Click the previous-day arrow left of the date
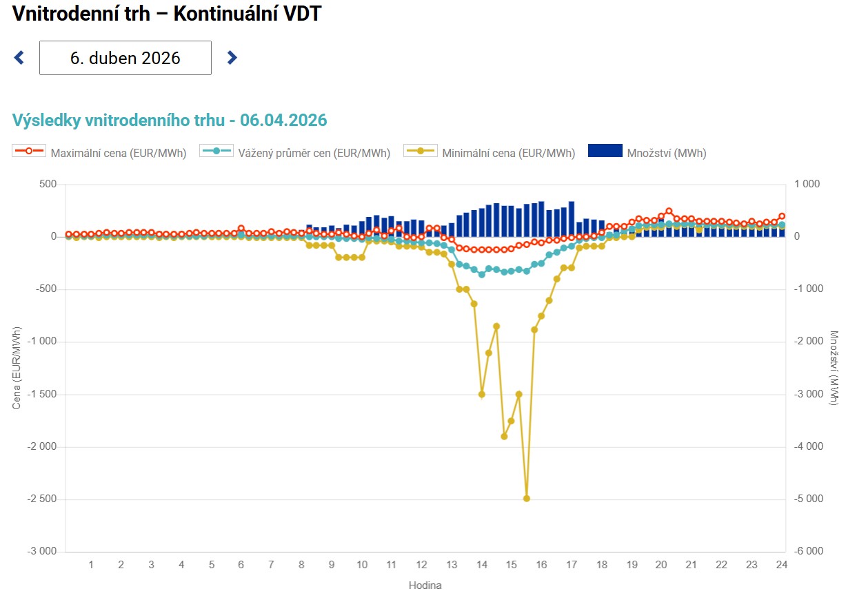pyautogui.click(x=19, y=58)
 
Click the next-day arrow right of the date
pyautogui.click(x=232, y=58)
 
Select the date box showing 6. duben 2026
pyautogui.click(x=125, y=58)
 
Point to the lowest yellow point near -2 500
pyautogui.click(x=527, y=498)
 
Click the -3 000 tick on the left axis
pyautogui.click(x=43, y=552)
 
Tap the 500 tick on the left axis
pyautogui.click(x=48, y=184)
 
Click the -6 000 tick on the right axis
pyautogui.click(x=809, y=552)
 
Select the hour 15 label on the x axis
pyautogui.click(x=511, y=565)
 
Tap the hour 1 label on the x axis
pyautogui.click(x=90, y=565)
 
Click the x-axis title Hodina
pyautogui.click(x=425, y=585)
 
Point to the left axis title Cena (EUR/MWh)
pyautogui.click(x=17, y=368)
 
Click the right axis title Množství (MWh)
pyautogui.click(x=834, y=368)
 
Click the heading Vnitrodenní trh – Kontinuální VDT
pyautogui.click(x=167, y=13)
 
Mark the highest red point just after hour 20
pyautogui.click(x=669, y=211)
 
